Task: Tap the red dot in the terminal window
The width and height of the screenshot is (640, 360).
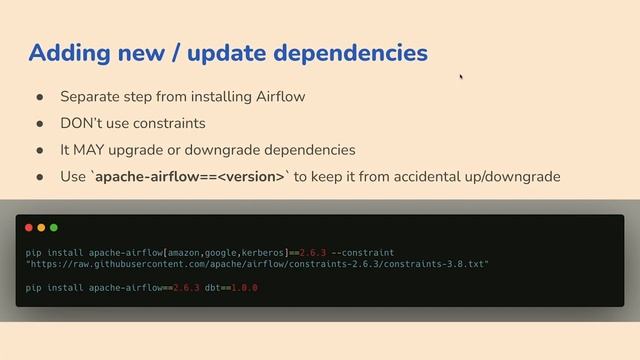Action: (29, 228)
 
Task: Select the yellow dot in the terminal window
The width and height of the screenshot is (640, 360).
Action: (41, 228)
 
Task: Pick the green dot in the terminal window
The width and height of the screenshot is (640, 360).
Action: (53, 228)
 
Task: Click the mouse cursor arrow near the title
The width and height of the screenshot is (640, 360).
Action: (461, 77)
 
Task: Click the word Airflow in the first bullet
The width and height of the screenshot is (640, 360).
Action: (280, 97)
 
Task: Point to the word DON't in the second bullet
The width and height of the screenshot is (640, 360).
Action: (81, 123)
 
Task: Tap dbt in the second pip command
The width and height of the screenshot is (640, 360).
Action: (214, 288)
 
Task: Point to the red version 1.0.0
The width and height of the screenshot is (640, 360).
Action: (246, 288)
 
